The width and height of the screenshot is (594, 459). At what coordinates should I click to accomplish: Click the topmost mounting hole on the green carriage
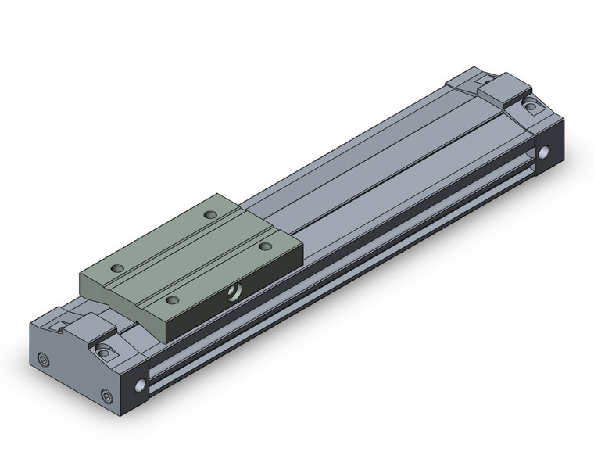click(209, 214)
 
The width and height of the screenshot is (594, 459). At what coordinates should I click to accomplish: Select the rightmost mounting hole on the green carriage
click(265, 246)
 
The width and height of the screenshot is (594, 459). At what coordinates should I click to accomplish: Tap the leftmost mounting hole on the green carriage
click(118, 268)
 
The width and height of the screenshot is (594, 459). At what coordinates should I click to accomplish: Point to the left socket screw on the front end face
click(42, 360)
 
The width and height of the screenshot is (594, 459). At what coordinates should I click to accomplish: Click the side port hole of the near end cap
click(141, 386)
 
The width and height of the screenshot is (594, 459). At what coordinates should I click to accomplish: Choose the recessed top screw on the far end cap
click(531, 106)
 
